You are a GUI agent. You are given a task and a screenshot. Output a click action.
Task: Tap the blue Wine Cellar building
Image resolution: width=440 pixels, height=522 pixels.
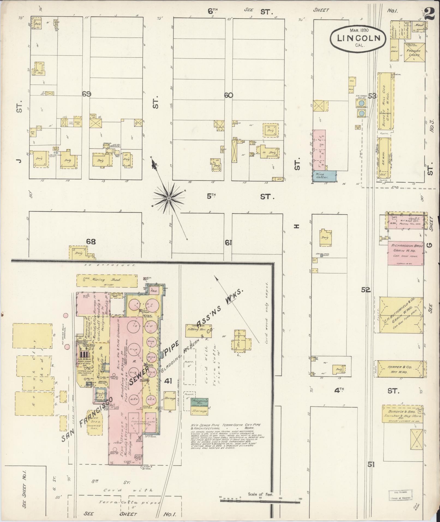[324, 176]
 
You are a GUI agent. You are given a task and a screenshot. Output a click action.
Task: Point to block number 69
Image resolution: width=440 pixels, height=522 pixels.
[86, 94]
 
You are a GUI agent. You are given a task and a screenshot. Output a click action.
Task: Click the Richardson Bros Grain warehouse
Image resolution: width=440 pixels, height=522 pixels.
[405, 253]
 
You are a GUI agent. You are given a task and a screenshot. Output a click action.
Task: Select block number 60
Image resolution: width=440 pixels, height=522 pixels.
[228, 95]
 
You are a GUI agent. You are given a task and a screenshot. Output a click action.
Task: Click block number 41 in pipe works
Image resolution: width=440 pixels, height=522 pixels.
[168, 381]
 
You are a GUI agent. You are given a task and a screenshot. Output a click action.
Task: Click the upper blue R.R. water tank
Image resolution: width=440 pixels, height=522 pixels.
[361, 103]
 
